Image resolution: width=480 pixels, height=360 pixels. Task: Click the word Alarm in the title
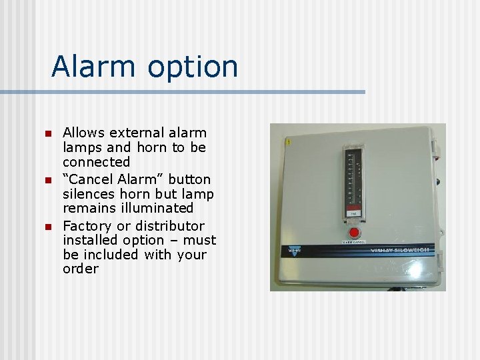87,66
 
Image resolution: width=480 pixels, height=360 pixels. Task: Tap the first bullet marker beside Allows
47,134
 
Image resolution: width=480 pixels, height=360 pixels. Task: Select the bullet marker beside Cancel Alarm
47,181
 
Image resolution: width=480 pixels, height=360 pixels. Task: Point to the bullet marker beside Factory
47,227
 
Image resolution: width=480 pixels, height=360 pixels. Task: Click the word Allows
81,133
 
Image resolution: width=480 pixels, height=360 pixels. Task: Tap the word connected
96,162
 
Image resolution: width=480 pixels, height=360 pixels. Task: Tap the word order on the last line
80,269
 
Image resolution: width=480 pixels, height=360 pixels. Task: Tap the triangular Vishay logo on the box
294,252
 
